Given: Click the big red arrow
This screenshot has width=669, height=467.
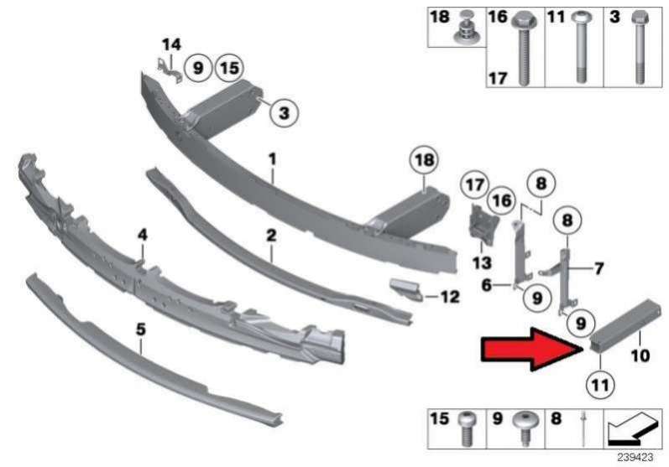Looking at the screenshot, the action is (531, 350).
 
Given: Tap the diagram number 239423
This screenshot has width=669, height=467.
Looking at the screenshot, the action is (635, 458).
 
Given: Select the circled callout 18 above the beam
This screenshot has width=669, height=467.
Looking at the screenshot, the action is (424, 161).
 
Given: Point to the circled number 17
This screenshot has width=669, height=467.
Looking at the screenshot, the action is (475, 185).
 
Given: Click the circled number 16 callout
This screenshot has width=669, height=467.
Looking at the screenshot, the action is (501, 200).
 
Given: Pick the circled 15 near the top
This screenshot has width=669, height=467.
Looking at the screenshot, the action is (230, 68).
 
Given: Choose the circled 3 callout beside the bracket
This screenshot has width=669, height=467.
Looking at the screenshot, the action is (284, 113).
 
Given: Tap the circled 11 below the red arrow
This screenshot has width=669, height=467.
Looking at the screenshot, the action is (600, 385).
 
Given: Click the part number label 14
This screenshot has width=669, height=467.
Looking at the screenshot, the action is (171, 44).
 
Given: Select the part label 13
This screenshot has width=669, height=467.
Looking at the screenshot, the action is (482, 263).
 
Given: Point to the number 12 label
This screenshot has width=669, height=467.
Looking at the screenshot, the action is (449, 297).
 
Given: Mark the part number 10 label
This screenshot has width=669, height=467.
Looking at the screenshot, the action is (640, 355).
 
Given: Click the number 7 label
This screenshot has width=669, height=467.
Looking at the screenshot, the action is (599, 269).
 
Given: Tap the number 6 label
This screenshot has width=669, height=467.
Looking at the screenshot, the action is (486, 285).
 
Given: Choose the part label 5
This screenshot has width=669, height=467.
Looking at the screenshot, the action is (141, 329).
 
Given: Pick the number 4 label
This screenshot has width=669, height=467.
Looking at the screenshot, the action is (142, 235).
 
